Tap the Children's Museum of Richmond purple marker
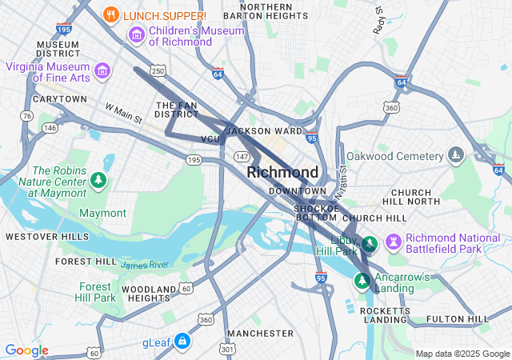(x=136, y=34)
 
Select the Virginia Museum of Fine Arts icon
(x=102, y=71)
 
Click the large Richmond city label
(x=282, y=172)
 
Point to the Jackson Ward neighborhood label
(x=264, y=130)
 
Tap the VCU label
(x=210, y=139)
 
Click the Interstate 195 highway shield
(x=65, y=29)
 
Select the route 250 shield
(x=159, y=71)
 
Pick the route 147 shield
(x=242, y=156)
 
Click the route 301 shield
(x=228, y=349)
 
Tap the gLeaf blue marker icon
(x=183, y=342)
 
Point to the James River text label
(x=145, y=265)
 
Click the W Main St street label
(x=123, y=113)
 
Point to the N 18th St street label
(x=342, y=179)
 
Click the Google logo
(x=26, y=350)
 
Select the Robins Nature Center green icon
(x=98, y=180)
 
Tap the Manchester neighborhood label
(x=260, y=333)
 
